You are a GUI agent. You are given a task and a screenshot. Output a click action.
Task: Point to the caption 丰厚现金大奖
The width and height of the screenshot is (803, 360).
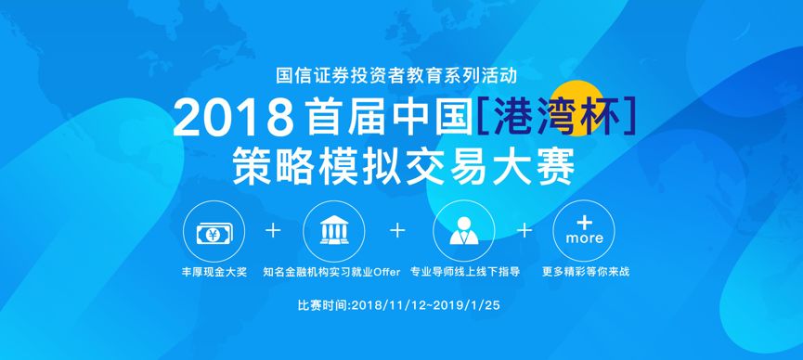[215, 273]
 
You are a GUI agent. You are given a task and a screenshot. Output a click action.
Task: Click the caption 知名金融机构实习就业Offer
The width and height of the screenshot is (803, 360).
[331, 273]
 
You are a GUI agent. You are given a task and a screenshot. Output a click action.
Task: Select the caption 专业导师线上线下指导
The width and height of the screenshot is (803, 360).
[464, 273]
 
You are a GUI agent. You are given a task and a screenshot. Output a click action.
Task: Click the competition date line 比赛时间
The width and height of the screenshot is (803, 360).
[402, 304]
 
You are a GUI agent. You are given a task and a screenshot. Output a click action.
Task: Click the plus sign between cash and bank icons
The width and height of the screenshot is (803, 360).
[273, 230]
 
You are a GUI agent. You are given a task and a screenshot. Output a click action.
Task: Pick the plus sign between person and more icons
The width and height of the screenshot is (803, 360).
[524, 230]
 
